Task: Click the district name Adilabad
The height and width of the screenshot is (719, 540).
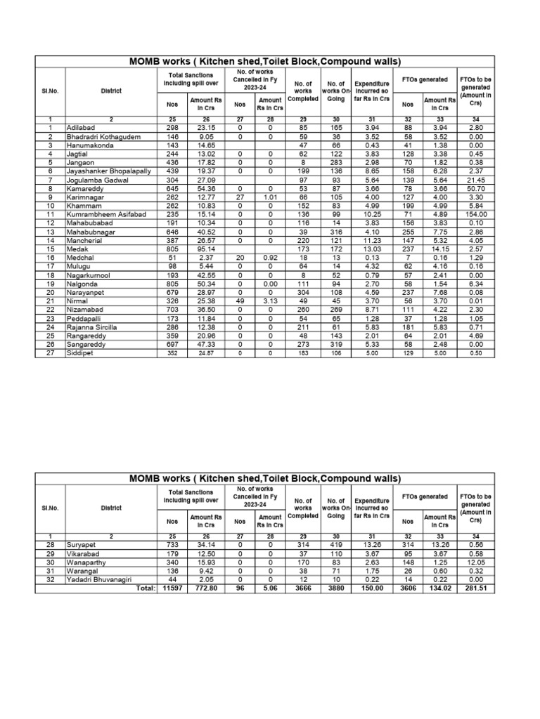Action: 80,127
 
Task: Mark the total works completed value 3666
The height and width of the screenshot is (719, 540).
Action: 303,589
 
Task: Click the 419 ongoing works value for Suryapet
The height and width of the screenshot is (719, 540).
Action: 335,544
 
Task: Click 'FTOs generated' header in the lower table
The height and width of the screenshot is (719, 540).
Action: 424,496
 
